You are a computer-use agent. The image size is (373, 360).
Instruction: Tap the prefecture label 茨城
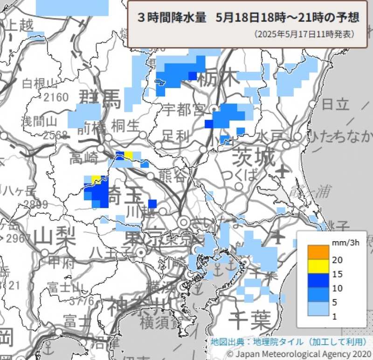tap(254, 157)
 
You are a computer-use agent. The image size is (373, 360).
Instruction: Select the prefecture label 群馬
tap(100, 98)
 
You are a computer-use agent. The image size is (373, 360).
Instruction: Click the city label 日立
tap(335, 103)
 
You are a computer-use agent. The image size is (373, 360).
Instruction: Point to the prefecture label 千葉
tap(250, 320)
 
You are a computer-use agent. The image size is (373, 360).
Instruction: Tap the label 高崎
tap(84, 159)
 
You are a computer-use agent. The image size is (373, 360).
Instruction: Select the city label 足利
tap(176, 136)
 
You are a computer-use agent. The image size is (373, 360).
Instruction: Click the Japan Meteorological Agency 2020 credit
tap(298, 353)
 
